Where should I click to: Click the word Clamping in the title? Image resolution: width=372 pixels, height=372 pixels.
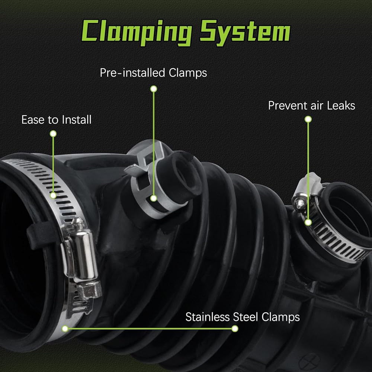coord(137,32)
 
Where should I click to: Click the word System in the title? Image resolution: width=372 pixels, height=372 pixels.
coord(245,33)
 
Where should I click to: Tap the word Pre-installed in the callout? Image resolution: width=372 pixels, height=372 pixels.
coord(132,73)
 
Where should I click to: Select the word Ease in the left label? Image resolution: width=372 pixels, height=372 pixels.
coord(33,119)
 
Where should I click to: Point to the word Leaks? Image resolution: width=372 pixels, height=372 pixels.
coord(341,105)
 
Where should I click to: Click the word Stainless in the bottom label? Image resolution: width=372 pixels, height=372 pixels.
coord(207,317)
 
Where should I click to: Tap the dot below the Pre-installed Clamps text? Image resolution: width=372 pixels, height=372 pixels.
coord(154,89)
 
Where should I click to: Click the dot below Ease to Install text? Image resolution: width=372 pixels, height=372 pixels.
coord(53,134)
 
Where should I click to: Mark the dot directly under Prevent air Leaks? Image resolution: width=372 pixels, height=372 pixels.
coord(308,119)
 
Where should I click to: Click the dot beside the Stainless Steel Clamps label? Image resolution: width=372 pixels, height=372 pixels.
coord(235,328)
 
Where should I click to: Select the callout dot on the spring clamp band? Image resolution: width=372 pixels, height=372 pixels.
coord(154,198)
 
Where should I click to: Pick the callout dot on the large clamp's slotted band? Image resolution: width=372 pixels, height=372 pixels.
coord(53,195)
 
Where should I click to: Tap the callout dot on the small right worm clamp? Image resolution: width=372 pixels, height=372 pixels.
coord(308,222)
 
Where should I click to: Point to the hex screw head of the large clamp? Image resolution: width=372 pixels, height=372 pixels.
coord(89,290)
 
